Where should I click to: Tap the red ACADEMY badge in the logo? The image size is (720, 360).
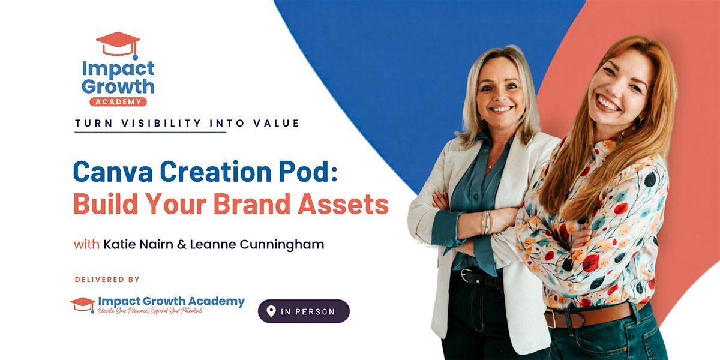click(x=118, y=102)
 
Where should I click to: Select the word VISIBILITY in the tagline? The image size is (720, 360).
click(x=161, y=123)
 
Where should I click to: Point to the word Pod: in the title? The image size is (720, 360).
click(x=308, y=172)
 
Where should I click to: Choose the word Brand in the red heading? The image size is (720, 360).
click(x=252, y=203)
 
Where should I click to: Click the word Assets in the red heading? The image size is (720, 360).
click(x=343, y=203)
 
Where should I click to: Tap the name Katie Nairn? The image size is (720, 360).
click(x=138, y=244)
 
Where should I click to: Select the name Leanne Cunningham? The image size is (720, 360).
click(x=257, y=245)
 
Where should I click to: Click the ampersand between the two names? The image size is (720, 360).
click(x=182, y=245)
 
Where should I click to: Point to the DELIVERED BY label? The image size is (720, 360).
click(x=107, y=280)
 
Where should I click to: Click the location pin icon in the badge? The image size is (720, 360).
click(x=271, y=311)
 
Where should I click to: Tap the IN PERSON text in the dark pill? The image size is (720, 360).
click(x=308, y=312)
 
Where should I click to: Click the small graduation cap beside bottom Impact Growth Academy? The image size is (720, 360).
click(x=83, y=304)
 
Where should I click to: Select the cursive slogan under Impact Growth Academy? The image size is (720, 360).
click(x=150, y=311)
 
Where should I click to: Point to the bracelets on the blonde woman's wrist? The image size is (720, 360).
click(x=487, y=223)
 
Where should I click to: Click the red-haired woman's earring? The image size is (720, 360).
click(x=640, y=121)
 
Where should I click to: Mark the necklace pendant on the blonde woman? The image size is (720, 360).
click(x=490, y=166)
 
